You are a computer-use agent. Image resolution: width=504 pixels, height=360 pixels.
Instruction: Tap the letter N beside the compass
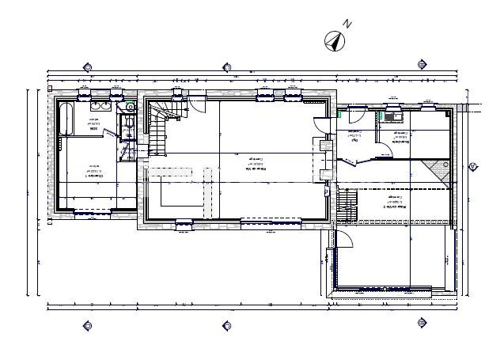pos(347,25)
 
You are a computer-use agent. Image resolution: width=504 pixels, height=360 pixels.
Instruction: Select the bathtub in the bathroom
pos(66,119)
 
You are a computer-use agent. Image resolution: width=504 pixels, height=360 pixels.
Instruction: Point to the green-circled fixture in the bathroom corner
pos(130,107)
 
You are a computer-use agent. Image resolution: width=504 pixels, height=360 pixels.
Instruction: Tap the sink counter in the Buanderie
pos(393,116)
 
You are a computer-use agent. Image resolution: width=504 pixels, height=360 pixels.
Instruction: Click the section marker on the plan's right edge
pos(472,166)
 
